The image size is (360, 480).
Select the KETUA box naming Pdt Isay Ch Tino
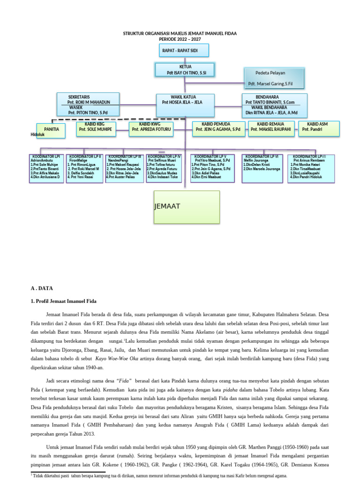185,69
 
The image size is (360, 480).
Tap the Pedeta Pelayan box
274,78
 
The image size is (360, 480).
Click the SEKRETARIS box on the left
88,105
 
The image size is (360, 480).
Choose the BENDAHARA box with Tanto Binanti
275,105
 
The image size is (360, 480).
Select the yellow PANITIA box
51,130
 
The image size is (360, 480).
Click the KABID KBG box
97,129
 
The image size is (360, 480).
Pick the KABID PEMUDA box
218,128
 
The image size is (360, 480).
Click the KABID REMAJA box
271,128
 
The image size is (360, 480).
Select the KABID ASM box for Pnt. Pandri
319,128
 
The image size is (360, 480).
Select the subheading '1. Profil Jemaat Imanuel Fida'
63,301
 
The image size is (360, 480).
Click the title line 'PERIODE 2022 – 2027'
180,39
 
